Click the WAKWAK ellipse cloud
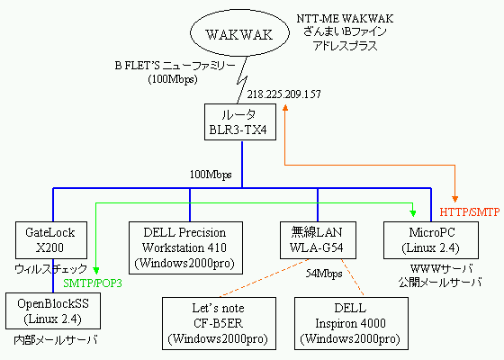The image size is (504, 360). (x=239, y=33)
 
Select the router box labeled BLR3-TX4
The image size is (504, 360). (x=240, y=121)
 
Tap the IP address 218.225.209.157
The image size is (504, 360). (x=283, y=94)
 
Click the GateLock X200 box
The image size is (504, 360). (x=51, y=240)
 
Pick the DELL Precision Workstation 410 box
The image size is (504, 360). (x=185, y=247)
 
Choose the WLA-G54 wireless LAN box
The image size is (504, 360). (x=318, y=240)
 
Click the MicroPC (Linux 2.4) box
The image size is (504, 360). (x=431, y=240)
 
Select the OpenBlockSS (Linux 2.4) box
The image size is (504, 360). (x=53, y=310)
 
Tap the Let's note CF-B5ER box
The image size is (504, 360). (x=219, y=323)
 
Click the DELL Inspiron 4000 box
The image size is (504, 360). (x=351, y=323)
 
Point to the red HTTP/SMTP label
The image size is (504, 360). (x=470, y=212)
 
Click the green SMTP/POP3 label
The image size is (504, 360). (x=93, y=283)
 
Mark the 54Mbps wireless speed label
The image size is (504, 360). (x=324, y=274)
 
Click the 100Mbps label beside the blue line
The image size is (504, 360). (x=211, y=175)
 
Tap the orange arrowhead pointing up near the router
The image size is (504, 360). (x=284, y=108)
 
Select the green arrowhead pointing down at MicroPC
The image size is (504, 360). (x=413, y=213)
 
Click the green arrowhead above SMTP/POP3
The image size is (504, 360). (x=96, y=270)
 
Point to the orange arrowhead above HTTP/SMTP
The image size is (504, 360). (x=454, y=199)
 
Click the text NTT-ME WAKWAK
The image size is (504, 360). (x=345, y=19)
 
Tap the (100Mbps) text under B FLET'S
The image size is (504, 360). (x=173, y=79)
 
